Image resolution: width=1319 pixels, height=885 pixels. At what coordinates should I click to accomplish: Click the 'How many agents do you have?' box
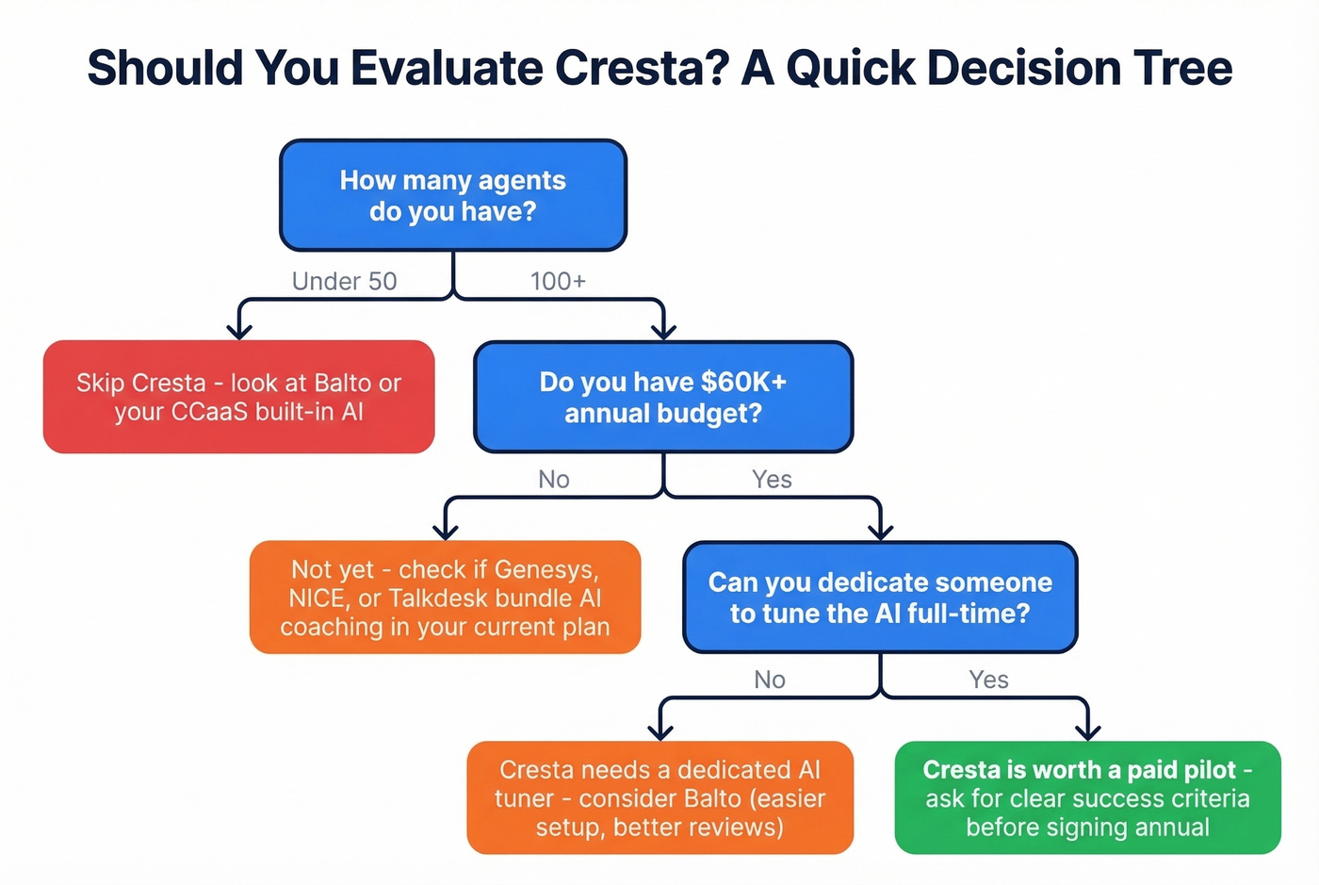pyautogui.click(x=453, y=195)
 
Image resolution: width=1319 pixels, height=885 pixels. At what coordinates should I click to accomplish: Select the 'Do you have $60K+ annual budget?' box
pyautogui.click(x=663, y=397)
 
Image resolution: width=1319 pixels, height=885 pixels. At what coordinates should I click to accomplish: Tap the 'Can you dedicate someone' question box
pyautogui.click(x=880, y=597)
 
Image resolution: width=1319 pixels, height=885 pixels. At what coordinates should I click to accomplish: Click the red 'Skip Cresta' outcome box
pyautogui.click(x=238, y=397)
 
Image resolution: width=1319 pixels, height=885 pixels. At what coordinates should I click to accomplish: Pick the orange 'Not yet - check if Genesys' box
pyautogui.click(x=445, y=598)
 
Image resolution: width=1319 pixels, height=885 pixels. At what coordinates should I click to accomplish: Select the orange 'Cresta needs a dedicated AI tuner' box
pyautogui.click(x=659, y=797)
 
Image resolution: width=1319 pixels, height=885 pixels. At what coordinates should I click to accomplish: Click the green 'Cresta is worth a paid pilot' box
pyautogui.click(x=1087, y=797)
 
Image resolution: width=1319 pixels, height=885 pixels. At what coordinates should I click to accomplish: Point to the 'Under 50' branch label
pyautogui.click(x=344, y=281)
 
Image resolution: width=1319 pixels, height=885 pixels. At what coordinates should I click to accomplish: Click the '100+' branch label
pyautogui.click(x=558, y=281)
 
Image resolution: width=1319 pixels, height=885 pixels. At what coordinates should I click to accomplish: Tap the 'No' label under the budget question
pyautogui.click(x=554, y=480)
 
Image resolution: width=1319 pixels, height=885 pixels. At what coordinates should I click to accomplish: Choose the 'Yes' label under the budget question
pyautogui.click(x=772, y=480)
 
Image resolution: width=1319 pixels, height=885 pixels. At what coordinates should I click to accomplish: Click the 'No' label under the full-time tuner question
pyautogui.click(x=770, y=680)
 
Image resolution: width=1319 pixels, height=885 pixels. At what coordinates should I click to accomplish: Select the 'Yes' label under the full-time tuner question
pyautogui.click(x=988, y=680)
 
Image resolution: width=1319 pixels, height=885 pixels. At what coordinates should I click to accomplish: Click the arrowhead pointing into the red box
pyautogui.click(x=239, y=330)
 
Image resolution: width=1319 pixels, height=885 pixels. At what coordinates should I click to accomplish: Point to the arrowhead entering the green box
pyautogui.click(x=1088, y=731)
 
